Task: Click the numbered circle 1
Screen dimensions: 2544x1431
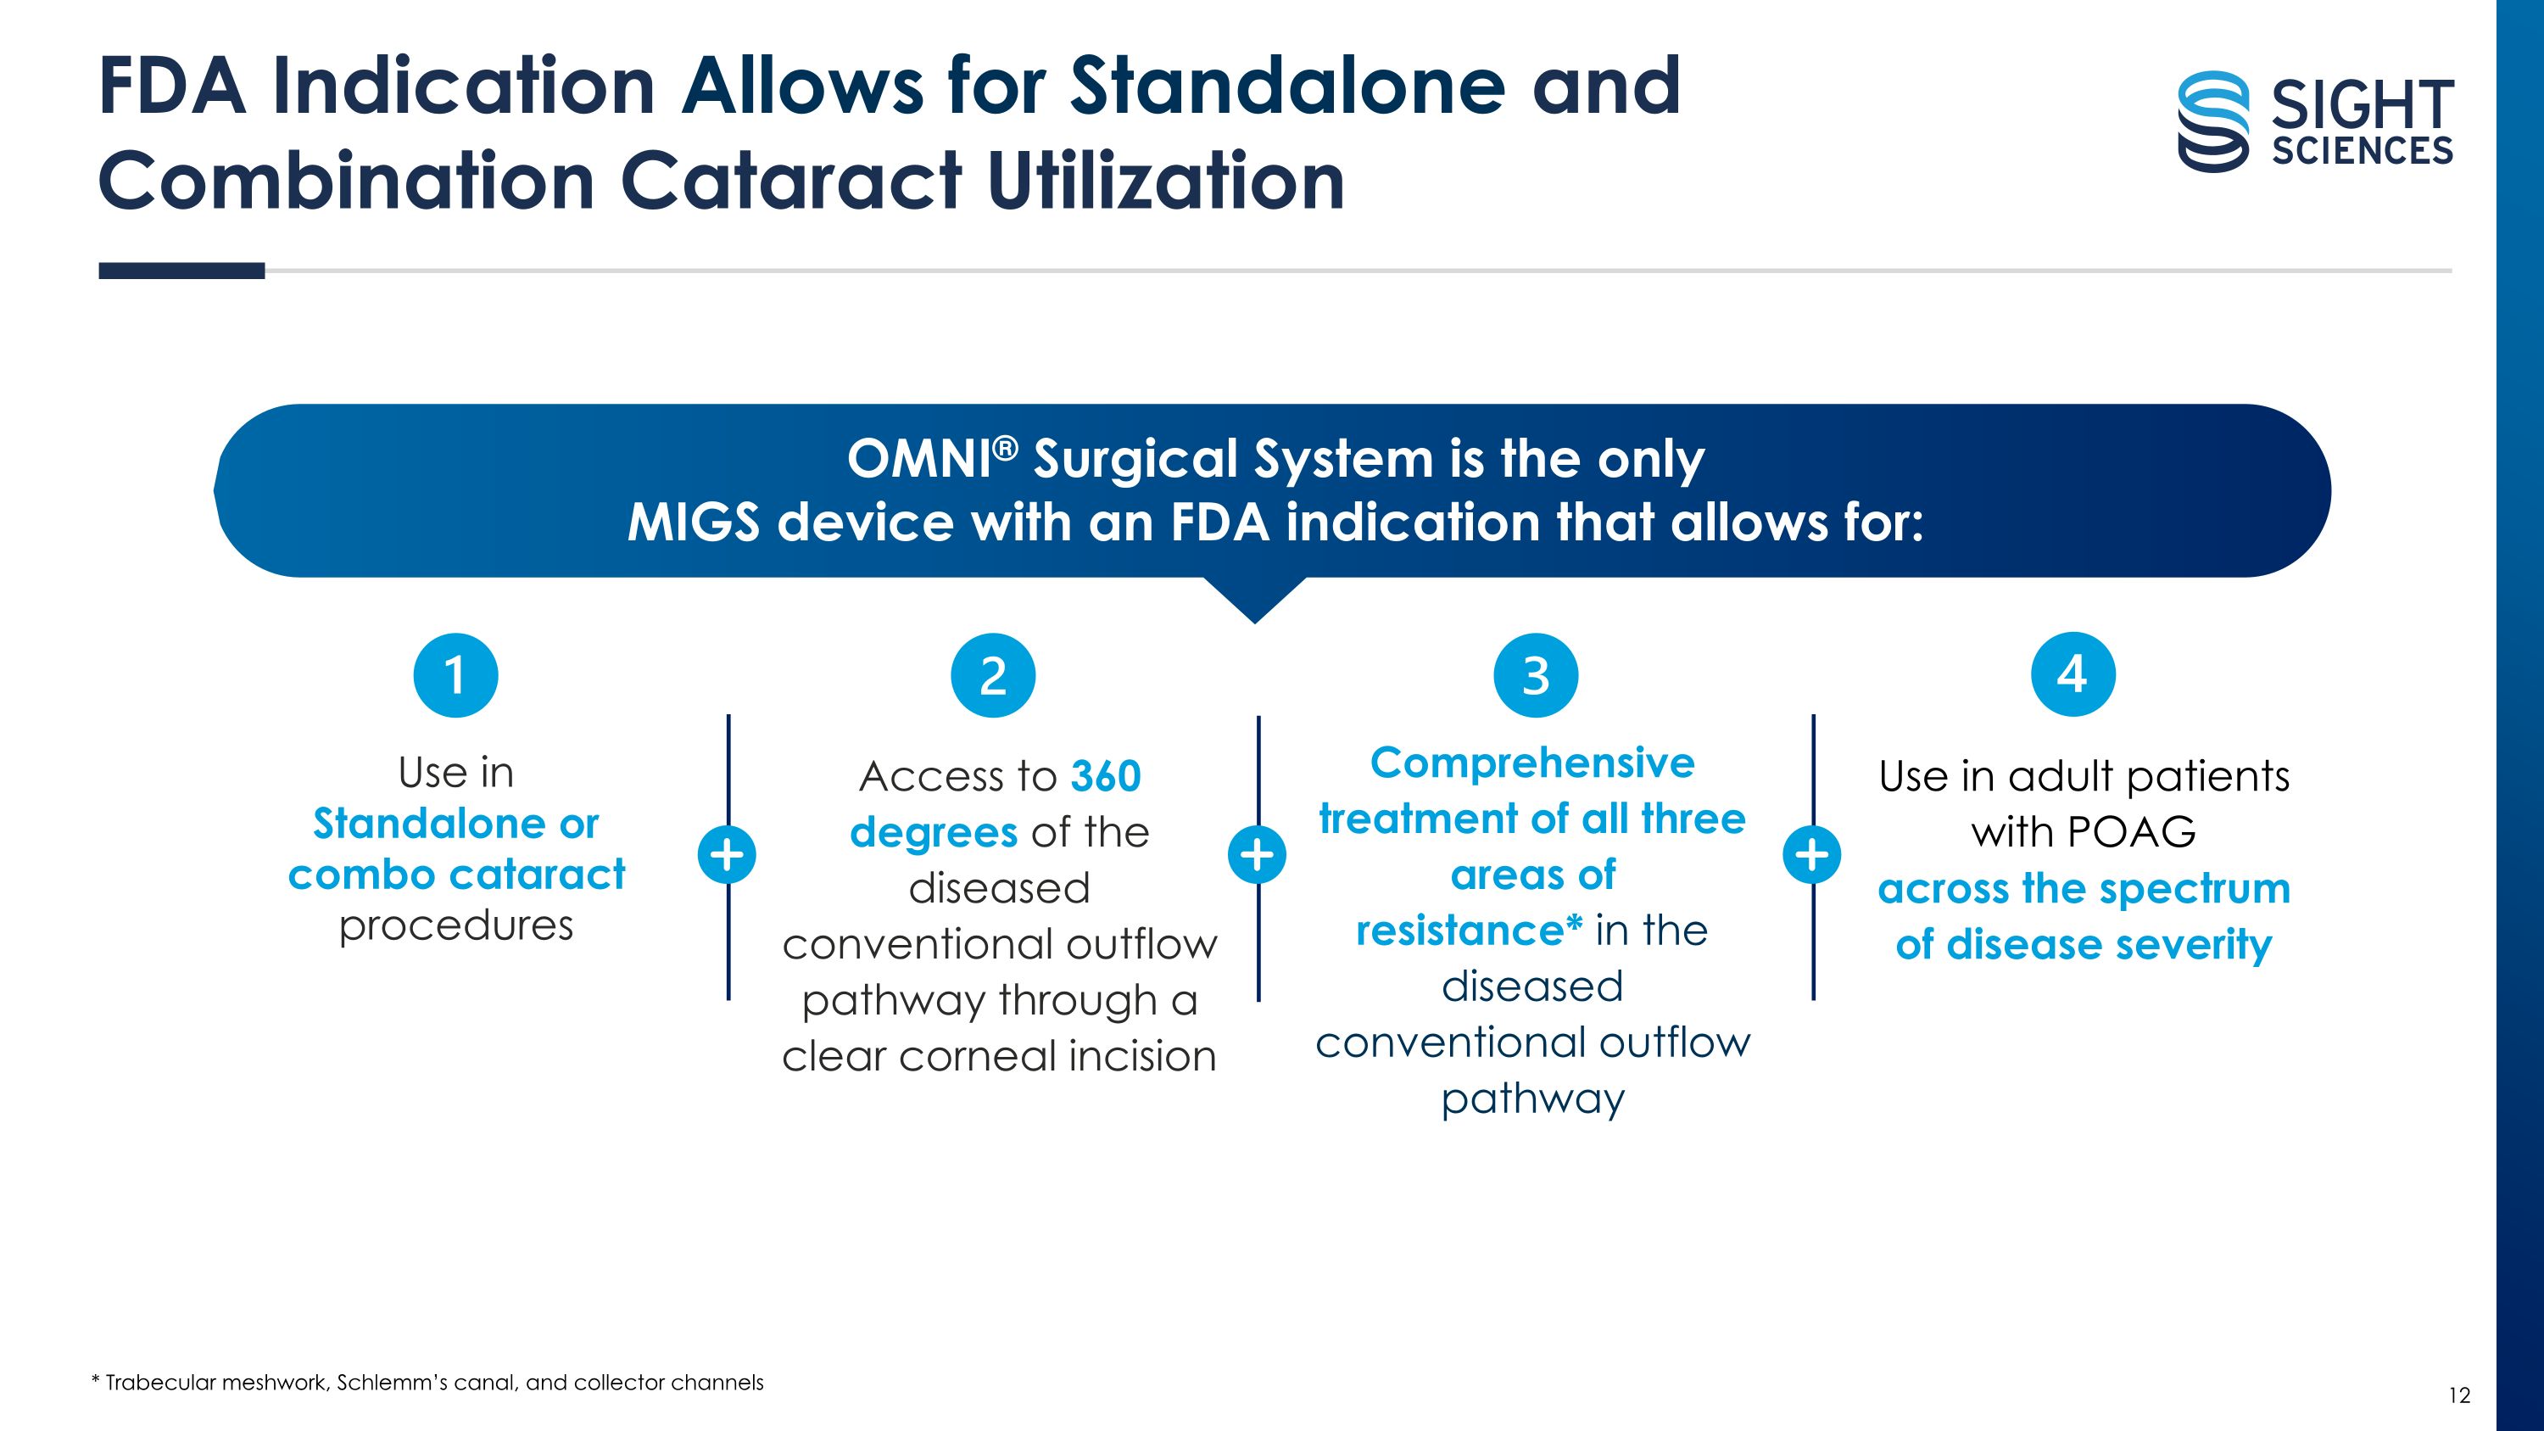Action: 455,675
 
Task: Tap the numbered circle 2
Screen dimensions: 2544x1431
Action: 992,675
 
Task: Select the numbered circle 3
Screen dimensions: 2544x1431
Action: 1536,675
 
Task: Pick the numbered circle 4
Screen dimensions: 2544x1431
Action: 2073,674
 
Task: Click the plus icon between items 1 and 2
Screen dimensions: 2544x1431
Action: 727,854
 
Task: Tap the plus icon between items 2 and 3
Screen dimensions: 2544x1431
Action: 1258,854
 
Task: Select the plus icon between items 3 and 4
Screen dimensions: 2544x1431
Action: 1812,854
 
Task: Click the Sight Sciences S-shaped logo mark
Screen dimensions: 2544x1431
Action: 2214,121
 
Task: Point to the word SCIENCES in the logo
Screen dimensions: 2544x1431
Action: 2363,151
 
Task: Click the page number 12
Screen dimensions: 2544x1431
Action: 2459,1395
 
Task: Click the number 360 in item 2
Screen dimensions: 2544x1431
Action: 1106,776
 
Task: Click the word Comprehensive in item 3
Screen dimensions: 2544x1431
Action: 1532,763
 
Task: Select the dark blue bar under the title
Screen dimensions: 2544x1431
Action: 181,271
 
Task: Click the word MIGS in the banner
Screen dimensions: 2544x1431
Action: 695,523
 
